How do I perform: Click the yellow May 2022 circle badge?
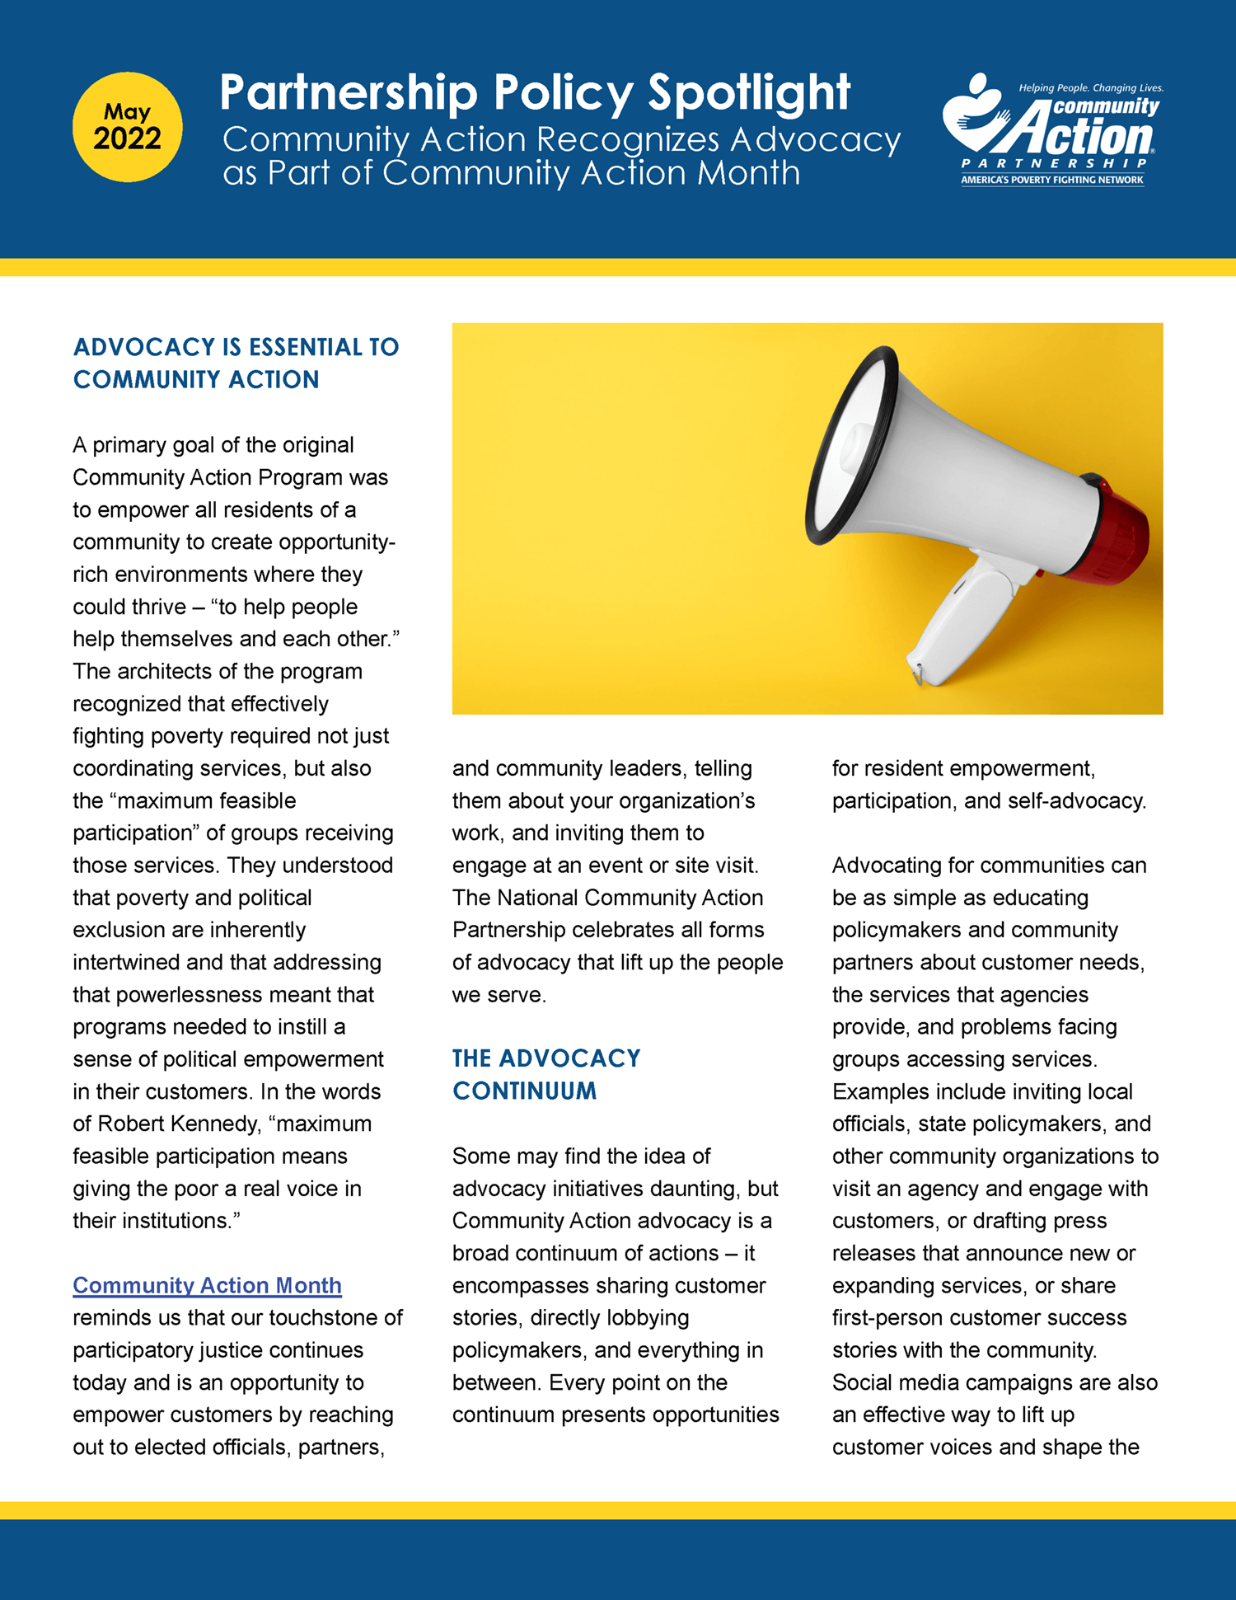tap(127, 127)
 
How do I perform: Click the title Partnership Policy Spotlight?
tap(534, 92)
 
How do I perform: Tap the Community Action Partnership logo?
tap(1052, 131)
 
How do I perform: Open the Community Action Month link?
tap(207, 1285)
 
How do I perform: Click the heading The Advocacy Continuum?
tap(546, 1074)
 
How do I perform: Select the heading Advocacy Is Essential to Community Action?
tap(236, 363)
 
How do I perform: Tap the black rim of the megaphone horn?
tap(849, 445)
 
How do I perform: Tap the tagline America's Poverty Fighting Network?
tap(1052, 180)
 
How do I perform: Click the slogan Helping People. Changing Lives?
tap(1090, 87)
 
